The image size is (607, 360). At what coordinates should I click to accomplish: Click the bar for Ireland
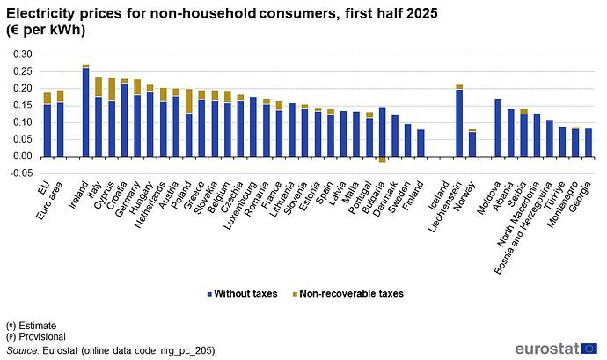pyautogui.click(x=86, y=111)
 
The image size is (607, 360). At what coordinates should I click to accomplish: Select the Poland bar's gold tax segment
pyautogui.click(x=189, y=101)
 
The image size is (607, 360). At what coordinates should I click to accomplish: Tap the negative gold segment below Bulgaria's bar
pyautogui.click(x=382, y=159)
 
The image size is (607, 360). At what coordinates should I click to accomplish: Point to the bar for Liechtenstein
pyautogui.click(x=459, y=121)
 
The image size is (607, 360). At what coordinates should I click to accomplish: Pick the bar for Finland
pyautogui.click(x=421, y=143)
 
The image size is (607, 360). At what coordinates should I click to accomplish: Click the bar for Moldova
pyautogui.click(x=498, y=128)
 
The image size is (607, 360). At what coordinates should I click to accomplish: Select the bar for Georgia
pyautogui.click(x=589, y=143)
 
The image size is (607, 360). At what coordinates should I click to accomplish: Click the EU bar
pyautogui.click(x=48, y=124)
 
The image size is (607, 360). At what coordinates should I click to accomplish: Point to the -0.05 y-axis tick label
pyautogui.click(x=21, y=173)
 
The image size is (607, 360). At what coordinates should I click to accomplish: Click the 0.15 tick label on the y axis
pyautogui.click(x=23, y=106)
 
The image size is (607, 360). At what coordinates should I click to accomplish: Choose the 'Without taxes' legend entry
pyautogui.click(x=242, y=294)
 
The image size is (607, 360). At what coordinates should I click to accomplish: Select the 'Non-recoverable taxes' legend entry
pyautogui.click(x=348, y=294)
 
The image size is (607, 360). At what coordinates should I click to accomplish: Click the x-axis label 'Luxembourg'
pyautogui.click(x=241, y=204)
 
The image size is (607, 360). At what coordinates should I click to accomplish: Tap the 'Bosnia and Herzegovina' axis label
pyautogui.click(x=524, y=227)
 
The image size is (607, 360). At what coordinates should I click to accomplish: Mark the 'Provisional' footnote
pyautogui.click(x=36, y=337)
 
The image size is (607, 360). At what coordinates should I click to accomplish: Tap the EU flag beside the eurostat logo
pyautogui.click(x=589, y=349)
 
